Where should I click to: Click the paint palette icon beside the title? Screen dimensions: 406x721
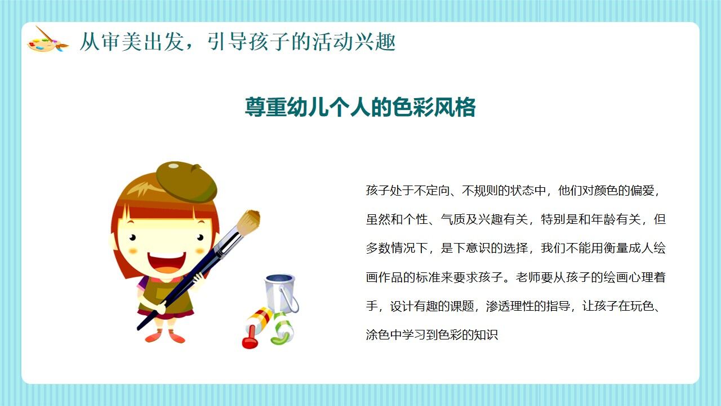coord(47,41)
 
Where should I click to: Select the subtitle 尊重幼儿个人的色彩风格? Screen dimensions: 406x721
coord(360,107)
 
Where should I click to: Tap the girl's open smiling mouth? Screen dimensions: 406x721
coord(166,262)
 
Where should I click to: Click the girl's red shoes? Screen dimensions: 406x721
coord(165,337)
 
